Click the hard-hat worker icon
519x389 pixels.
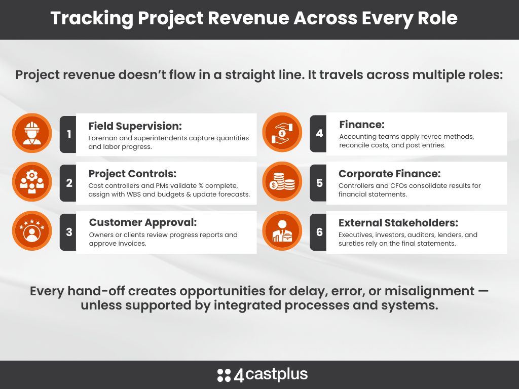click(x=32, y=133)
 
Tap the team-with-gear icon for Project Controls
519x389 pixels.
click(x=32, y=182)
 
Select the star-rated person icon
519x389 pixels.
click(x=32, y=230)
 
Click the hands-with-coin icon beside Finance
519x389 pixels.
click(x=282, y=132)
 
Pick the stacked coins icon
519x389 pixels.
click(x=282, y=182)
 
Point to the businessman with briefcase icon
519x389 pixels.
click(x=282, y=230)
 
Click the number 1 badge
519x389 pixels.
click(x=68, y=134)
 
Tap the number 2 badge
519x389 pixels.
click(x=68, y=183)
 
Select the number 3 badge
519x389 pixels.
click(x=68, y=232)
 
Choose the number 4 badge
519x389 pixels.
click(x=318, y=133)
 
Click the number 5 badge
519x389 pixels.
click(x=318, y=183)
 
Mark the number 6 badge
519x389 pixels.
click(x=318, y=232)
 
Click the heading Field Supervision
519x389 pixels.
click(x=135, y=126)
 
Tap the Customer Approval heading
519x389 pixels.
click(x=143, y=223)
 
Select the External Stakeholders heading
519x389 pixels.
click(x=398, y=223)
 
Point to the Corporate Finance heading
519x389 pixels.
click(x=390, y=174)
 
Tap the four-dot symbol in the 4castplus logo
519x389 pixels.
click(x=224, y=375)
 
